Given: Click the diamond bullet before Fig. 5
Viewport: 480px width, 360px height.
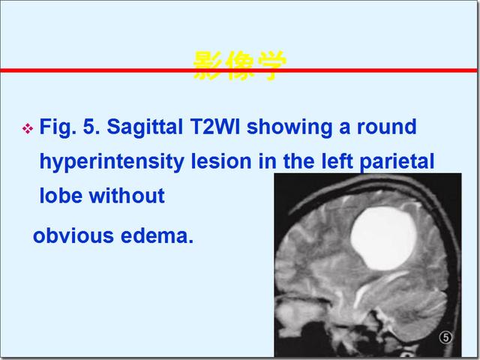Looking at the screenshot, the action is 28,128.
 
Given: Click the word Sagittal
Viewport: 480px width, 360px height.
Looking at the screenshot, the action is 145,127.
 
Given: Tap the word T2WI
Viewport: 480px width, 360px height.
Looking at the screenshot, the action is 214,127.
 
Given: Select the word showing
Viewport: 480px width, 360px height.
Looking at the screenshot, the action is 289,127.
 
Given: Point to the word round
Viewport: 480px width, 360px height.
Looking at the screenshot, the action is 387,127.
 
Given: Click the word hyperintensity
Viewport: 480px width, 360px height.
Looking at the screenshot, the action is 112,161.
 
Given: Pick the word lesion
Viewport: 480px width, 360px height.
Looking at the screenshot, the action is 221,161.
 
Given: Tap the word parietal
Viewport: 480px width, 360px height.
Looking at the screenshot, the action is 397,161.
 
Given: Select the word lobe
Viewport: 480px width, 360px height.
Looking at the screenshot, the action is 61,196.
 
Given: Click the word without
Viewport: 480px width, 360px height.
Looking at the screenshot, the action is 127,196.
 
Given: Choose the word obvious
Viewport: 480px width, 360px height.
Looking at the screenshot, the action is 73,235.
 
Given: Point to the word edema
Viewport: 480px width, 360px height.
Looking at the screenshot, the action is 157,235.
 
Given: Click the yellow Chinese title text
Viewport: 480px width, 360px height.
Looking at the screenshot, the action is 240,65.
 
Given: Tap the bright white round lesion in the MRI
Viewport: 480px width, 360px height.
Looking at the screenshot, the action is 383,238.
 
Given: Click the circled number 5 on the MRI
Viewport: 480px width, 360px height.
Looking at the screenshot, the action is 445,337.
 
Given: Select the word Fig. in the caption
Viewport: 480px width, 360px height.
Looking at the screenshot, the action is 58,127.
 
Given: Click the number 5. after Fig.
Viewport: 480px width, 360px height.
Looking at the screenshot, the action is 91,127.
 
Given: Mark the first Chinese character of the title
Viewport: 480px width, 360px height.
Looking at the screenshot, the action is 208,65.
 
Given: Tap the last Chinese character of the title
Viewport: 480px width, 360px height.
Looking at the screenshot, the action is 271,65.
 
